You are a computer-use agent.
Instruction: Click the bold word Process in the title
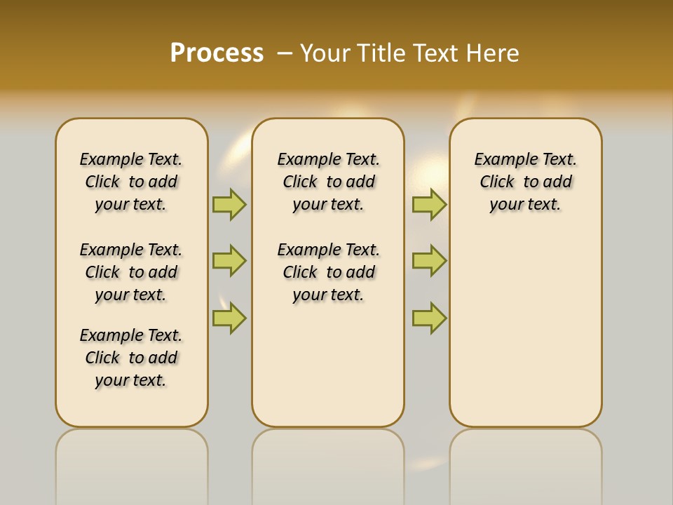[x=217, y=53]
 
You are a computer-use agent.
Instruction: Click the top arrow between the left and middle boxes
[x=229, y=204]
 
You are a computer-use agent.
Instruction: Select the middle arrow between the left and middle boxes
[x=229, y=261]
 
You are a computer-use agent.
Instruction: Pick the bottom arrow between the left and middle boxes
[x=229, y=318]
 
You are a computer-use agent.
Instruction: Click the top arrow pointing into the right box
[x=429, y=204]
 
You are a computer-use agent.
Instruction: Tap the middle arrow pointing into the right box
[x=429, y=261]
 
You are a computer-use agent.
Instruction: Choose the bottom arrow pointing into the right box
[x=429, y=318]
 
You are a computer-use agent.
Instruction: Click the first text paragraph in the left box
[x=131, y=182]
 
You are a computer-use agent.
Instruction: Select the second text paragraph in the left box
[x=131, y=272]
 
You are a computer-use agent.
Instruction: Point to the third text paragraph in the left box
[x=131, y=358]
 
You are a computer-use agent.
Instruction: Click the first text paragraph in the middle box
[x=328, y=182]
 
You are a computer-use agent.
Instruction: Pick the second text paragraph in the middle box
[x=328, y=272]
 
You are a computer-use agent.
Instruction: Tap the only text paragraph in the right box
[x=525, y=182]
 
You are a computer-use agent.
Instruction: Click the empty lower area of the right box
[x=525, y=330]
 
